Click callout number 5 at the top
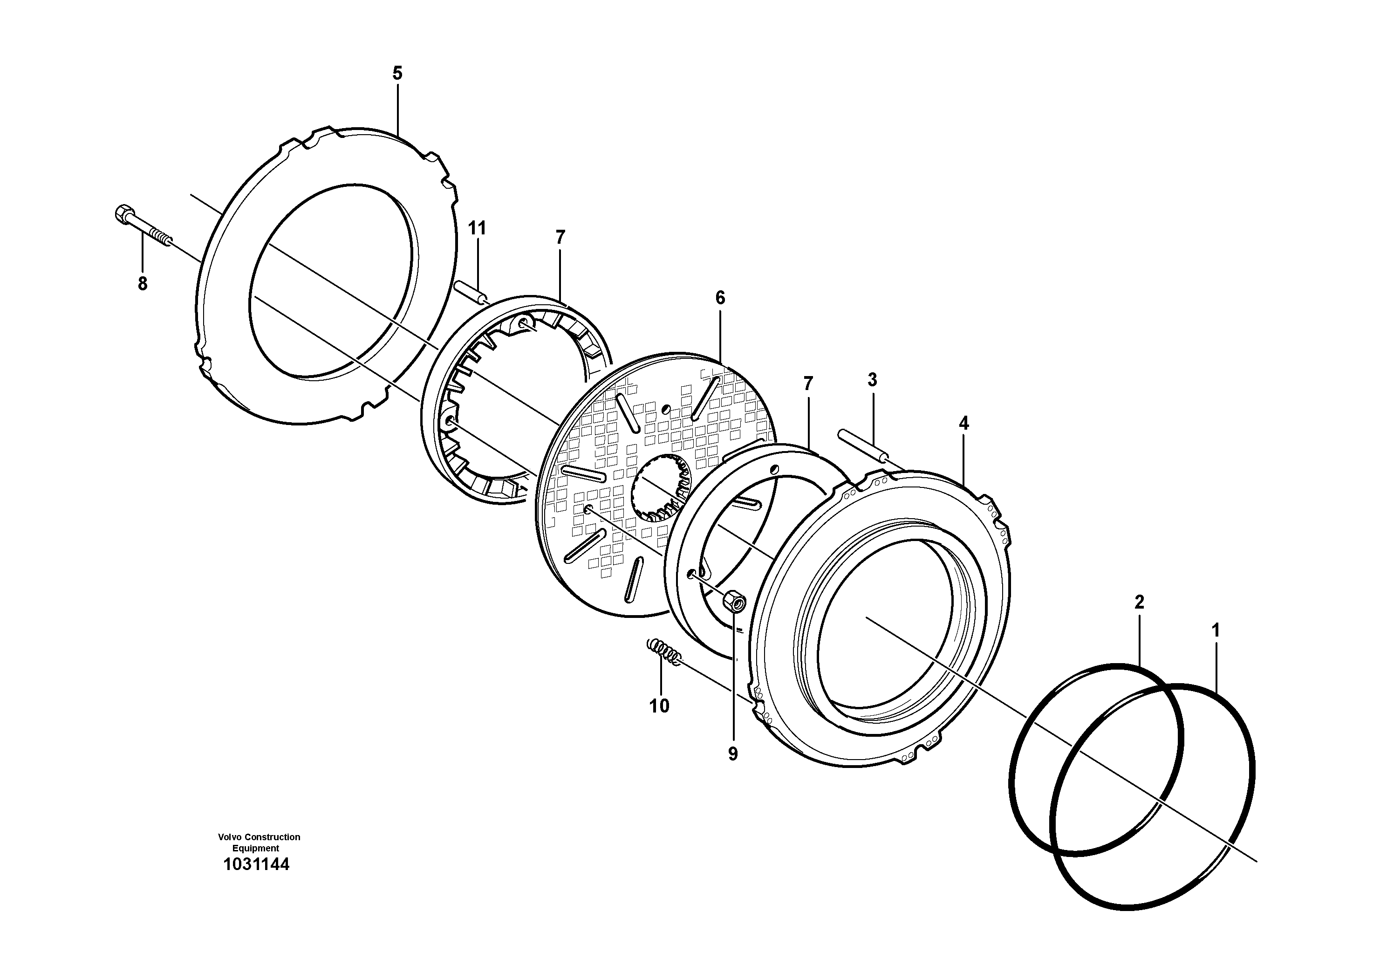397,74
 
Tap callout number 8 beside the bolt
143,283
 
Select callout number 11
477,228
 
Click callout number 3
872,380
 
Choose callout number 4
963,424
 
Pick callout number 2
1139,602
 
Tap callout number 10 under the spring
659,706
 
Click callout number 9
733,754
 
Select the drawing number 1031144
256,864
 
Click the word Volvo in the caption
230,837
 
